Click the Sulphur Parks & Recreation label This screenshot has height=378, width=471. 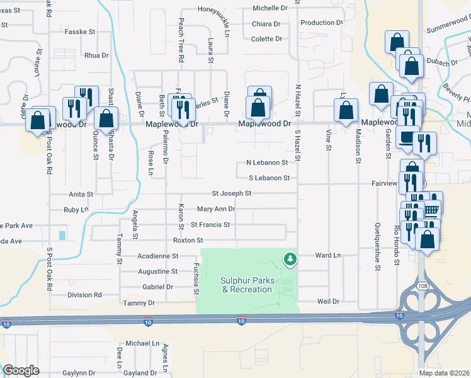tap(247, 285)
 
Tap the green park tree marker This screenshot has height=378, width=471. tap(290, 258)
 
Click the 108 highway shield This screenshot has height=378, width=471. tap(420, 287)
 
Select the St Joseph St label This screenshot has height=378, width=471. tap(232, 193)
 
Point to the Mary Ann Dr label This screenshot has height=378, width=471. tap(216, 209)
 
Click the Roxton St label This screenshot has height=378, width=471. tap(188, 240)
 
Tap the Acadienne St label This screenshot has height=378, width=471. tap(158, 256)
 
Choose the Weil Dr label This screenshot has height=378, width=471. tap(327, 301)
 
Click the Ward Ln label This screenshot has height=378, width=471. tap(327, 256)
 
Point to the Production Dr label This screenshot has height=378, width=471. tap(322, 23)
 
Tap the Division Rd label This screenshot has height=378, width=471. tap(85, 294)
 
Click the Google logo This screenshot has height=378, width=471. tap(21, 370)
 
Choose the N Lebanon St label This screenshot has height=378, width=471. tap(267, 162)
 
